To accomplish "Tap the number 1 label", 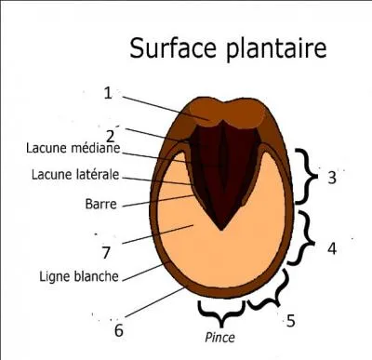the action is coord(108,93).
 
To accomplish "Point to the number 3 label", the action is coord(332,178).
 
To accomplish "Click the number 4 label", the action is coord(332,248).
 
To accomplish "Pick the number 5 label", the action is coord(290,321).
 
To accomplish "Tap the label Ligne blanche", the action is coord(76,275).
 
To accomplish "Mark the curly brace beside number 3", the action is coord(304,176).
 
